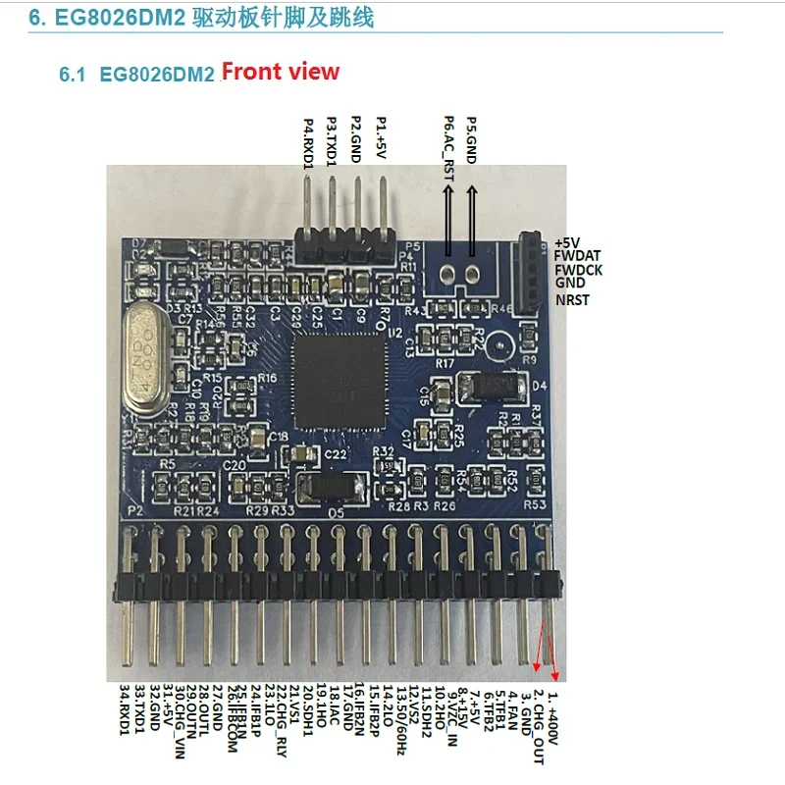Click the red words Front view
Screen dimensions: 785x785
coord(280,72)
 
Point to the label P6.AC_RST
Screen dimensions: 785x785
coord(448,148)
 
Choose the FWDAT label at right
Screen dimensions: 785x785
coord(577,254)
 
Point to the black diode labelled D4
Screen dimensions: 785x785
coord(497,387)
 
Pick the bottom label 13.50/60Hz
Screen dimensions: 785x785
coord(401,721)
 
